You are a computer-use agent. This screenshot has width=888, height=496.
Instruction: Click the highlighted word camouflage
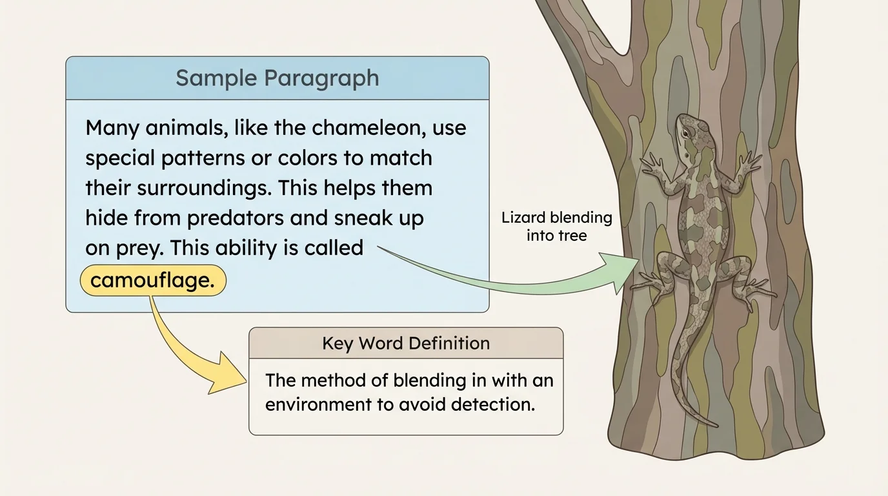(152, 281)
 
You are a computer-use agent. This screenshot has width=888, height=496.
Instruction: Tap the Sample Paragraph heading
(277, 78)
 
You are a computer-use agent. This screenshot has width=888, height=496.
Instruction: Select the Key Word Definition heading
(406, 343)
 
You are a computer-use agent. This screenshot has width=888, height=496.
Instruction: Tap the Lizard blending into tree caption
(556, 226)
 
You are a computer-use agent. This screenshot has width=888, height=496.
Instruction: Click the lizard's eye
(685, 131)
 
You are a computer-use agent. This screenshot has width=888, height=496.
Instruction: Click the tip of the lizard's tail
(715, 425)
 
